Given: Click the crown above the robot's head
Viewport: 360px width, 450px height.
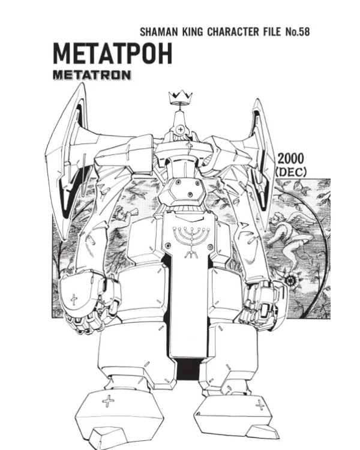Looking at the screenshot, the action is click(180, 98).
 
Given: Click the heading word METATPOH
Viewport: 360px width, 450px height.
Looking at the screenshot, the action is click(113, 53).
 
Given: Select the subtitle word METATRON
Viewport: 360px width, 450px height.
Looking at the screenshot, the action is click(92, 75).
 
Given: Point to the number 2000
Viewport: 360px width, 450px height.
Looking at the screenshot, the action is click(290, 159).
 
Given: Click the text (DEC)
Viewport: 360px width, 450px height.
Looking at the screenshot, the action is click(291, 172).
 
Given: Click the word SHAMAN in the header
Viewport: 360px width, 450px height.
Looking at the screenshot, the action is click(158, 32).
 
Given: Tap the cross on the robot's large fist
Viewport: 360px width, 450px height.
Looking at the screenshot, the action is click(74, 299).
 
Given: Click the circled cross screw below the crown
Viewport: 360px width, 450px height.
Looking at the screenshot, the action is click(180, 130).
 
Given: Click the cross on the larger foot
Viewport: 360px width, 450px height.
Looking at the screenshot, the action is click(108, 401).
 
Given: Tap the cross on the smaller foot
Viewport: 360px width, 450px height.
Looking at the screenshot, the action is click(260, 405).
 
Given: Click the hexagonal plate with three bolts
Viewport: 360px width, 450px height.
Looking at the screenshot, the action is click(182, 190).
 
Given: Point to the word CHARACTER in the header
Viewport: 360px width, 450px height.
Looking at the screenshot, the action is click(244, 32).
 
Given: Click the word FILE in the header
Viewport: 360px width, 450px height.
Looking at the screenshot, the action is click(273, 32).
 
